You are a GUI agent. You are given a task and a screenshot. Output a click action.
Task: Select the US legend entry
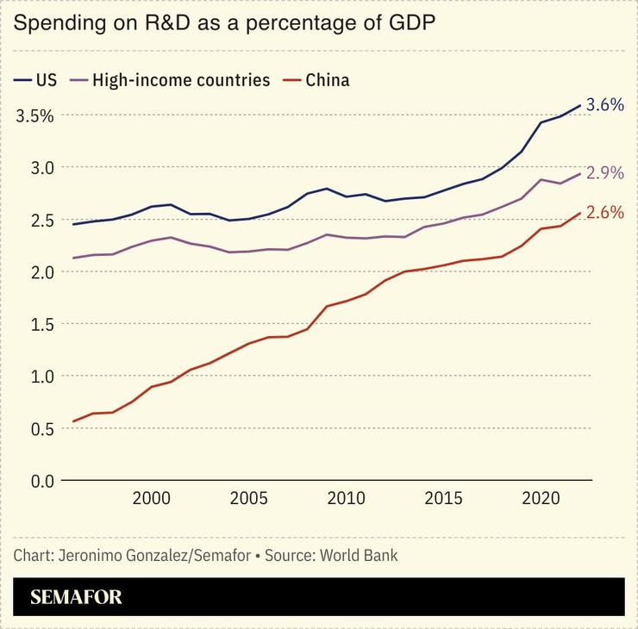36,80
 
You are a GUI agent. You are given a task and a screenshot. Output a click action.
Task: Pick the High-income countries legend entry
172,80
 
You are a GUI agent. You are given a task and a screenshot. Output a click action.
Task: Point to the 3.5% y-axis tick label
35,115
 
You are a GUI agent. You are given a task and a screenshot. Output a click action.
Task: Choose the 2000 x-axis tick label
151,499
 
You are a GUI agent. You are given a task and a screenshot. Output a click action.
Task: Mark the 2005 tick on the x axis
248,499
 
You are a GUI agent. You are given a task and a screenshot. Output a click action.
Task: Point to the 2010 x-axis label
346,499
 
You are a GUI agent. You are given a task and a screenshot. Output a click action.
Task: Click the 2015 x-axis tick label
443,499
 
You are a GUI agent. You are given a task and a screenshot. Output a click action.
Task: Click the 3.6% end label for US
604,104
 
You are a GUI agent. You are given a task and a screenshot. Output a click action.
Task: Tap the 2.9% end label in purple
604,172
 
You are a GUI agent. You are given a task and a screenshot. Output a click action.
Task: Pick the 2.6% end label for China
604,212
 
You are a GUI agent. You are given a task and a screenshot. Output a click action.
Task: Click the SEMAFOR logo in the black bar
77,597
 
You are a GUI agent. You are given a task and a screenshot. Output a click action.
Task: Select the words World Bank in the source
359,555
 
